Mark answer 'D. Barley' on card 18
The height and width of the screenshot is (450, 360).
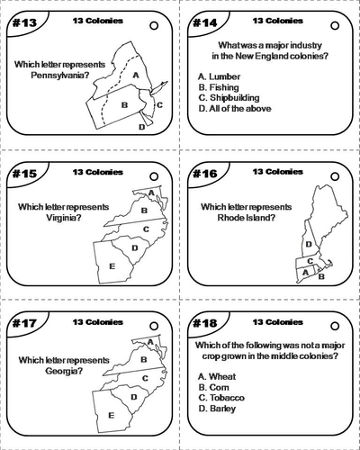pos(218,408)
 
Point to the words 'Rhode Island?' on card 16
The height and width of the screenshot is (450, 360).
pos(246,217)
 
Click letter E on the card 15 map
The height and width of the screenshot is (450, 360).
pos(111,265)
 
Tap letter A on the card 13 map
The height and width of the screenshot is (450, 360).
pos(135,75)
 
